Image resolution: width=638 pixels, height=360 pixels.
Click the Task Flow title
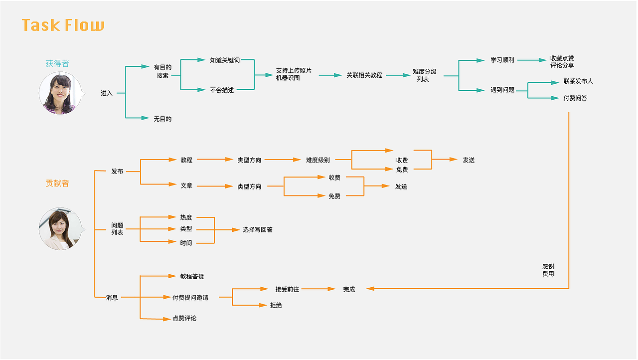point(63,25)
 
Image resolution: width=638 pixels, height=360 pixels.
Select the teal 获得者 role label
point(57,64)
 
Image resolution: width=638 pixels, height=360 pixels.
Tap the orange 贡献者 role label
point(57,183)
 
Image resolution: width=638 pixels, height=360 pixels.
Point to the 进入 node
point(107,93)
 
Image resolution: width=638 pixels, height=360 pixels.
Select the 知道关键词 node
point(225,60)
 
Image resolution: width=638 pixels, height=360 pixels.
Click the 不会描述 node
point(222,90)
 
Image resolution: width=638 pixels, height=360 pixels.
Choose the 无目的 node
point(162,119)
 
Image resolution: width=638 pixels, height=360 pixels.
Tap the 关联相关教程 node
point(364,75)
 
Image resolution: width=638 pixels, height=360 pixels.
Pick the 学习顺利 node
point(502,60)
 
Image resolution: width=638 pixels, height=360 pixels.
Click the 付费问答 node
point(575,98)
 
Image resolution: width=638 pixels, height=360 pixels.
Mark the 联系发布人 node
point(578,81)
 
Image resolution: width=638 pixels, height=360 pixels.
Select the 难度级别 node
point(318,160)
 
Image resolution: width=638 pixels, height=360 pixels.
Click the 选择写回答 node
point(258,230)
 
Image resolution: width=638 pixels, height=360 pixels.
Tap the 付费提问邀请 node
point(190,298)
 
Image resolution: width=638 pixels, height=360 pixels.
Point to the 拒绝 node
point(276,305)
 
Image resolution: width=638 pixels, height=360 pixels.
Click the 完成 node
point(349,290)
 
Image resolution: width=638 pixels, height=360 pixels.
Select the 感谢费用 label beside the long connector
point(548,270)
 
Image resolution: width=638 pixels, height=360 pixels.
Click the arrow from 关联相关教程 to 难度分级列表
point(398,75)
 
